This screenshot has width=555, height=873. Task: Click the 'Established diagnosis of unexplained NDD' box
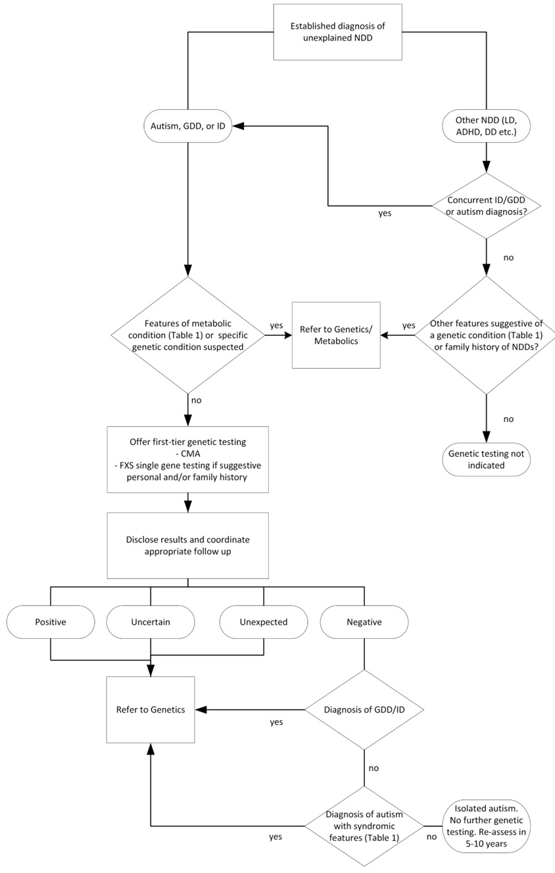tap(337, 32)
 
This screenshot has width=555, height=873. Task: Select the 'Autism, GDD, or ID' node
tap(188, 126)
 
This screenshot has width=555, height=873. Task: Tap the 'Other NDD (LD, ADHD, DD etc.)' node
tap(486, 126)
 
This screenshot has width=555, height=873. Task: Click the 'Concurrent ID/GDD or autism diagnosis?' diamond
tap(486, 206)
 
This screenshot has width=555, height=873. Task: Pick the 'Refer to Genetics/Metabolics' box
tap(336, 335)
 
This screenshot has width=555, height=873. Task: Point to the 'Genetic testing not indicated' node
tap(486, 460)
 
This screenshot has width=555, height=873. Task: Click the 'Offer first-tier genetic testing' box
tap(188, 460)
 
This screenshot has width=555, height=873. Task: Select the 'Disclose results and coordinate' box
tap(188, 546)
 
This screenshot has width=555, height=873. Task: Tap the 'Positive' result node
tap(51, 622)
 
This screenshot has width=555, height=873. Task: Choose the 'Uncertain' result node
tap(151, 622)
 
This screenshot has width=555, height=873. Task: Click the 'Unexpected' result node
tap(264, 622)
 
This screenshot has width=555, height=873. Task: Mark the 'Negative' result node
tap(364, 622)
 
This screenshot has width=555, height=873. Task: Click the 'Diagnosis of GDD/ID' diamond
tap(364, 710)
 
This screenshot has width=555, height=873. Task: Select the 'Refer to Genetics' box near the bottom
tap(151, 710)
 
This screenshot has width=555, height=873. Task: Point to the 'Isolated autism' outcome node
tap(486, 826)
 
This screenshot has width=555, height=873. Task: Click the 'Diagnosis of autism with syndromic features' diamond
tap(364, 826)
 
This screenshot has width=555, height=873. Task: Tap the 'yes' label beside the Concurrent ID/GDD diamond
tap(385, 213)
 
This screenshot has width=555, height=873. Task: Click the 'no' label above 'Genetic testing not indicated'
tap(508, 419)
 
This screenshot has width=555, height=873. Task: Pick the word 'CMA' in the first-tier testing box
tap(191, 454)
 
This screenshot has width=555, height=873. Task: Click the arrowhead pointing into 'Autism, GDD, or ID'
tap(238, 126)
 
